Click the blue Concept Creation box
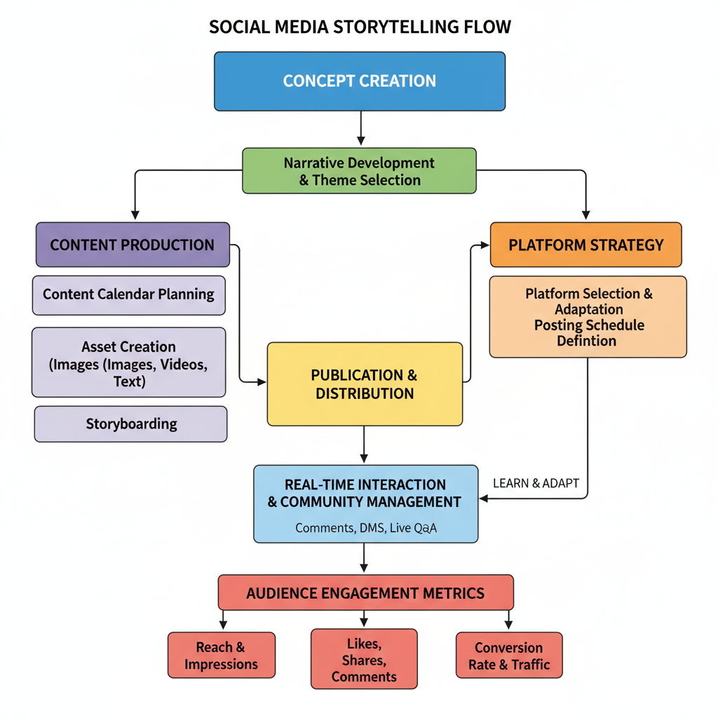(359, 81)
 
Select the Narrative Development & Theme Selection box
(359, 171)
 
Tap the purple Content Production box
(133, 245)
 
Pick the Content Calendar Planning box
(129, 294)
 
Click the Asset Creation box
(129, 363)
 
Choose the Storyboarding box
(131, 424)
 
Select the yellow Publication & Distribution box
(365, 384)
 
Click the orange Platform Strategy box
(585, 245)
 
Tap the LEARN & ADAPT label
(536, 483)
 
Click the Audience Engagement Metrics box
(365, 593)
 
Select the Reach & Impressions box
(221, 656)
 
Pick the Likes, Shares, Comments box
(364, 659)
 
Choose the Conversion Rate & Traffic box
(508, 656)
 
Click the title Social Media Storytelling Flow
(360, 27)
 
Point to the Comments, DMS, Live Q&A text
(365, 528)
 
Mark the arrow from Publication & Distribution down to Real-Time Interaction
(364, 445)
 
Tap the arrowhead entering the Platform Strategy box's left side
(485, 245)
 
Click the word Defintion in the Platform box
(587, 341)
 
